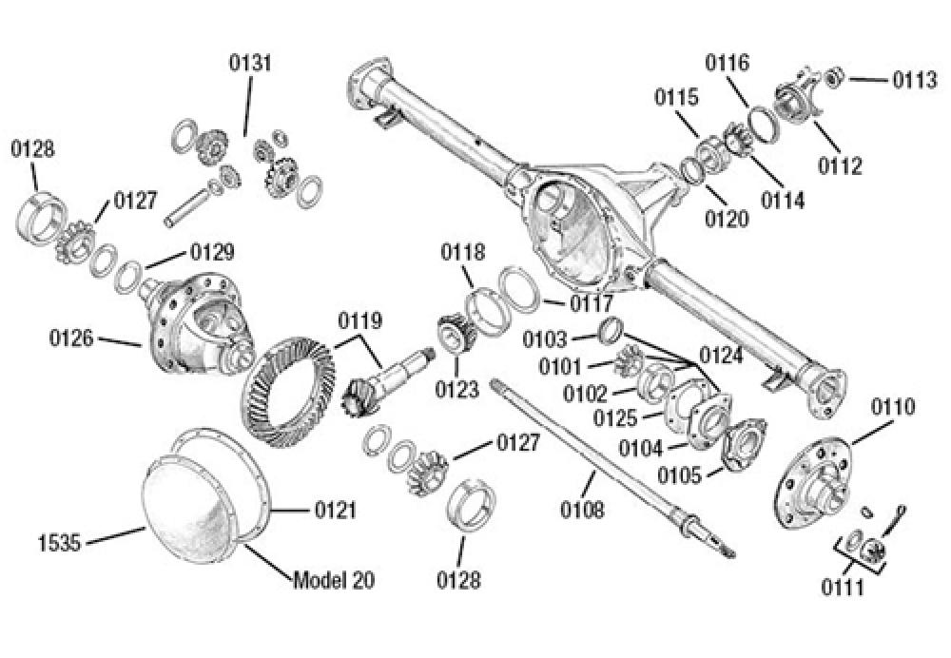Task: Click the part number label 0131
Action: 250,64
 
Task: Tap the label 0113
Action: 915,81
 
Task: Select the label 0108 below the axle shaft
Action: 582,511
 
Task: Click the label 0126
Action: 72,337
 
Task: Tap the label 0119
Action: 360,321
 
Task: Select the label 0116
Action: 728,64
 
